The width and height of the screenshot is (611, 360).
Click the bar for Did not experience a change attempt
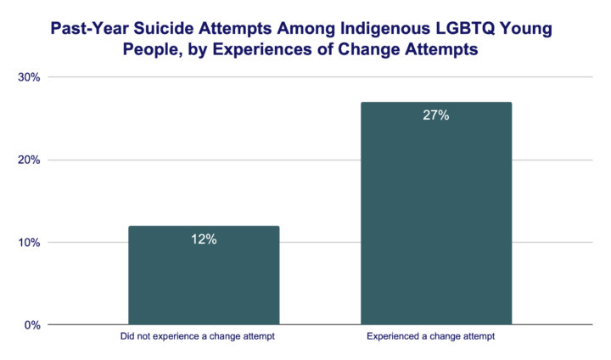click(204, 275)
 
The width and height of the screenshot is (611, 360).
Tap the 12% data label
click(204, 239)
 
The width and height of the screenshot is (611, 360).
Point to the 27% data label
click(436, 115)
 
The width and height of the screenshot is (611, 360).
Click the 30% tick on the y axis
click(30, 77)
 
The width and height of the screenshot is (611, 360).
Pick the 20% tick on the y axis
click(30, 160)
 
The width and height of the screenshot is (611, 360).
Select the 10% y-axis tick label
click(30, 242)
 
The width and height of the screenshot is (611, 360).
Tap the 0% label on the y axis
click(33, 324)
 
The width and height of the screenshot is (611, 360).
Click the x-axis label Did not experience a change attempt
click(204, 337)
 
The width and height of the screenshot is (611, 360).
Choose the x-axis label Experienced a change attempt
click(436, 337)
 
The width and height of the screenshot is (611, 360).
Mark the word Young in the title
click(530, 30)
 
